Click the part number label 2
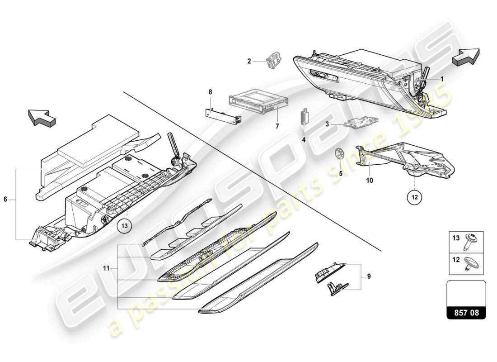[x=248, y=61]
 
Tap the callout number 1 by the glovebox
[x=442, y=78]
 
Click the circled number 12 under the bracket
[x=414, y=196]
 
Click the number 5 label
[x=341, y=172]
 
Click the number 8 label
[x=210, y=92]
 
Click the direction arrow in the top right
[x=466, y=58]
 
